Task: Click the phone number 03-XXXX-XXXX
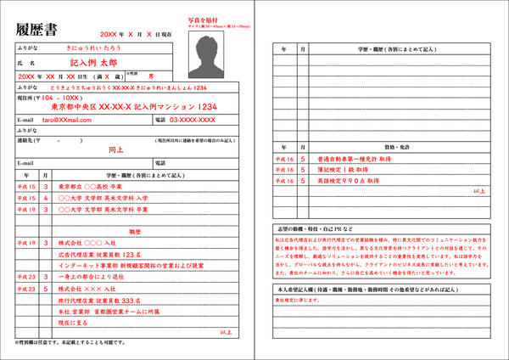(x=193, y=120)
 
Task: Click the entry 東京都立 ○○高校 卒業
(x=91, y=185)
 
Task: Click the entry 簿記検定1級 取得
(x=335, y=169)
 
